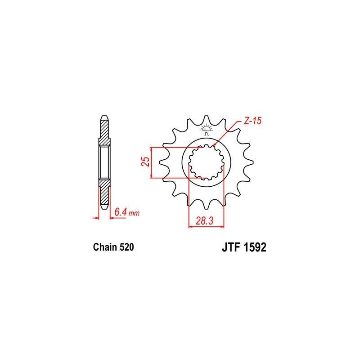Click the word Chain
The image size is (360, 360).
click(104, 247)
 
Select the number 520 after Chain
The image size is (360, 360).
click(126, 247)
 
